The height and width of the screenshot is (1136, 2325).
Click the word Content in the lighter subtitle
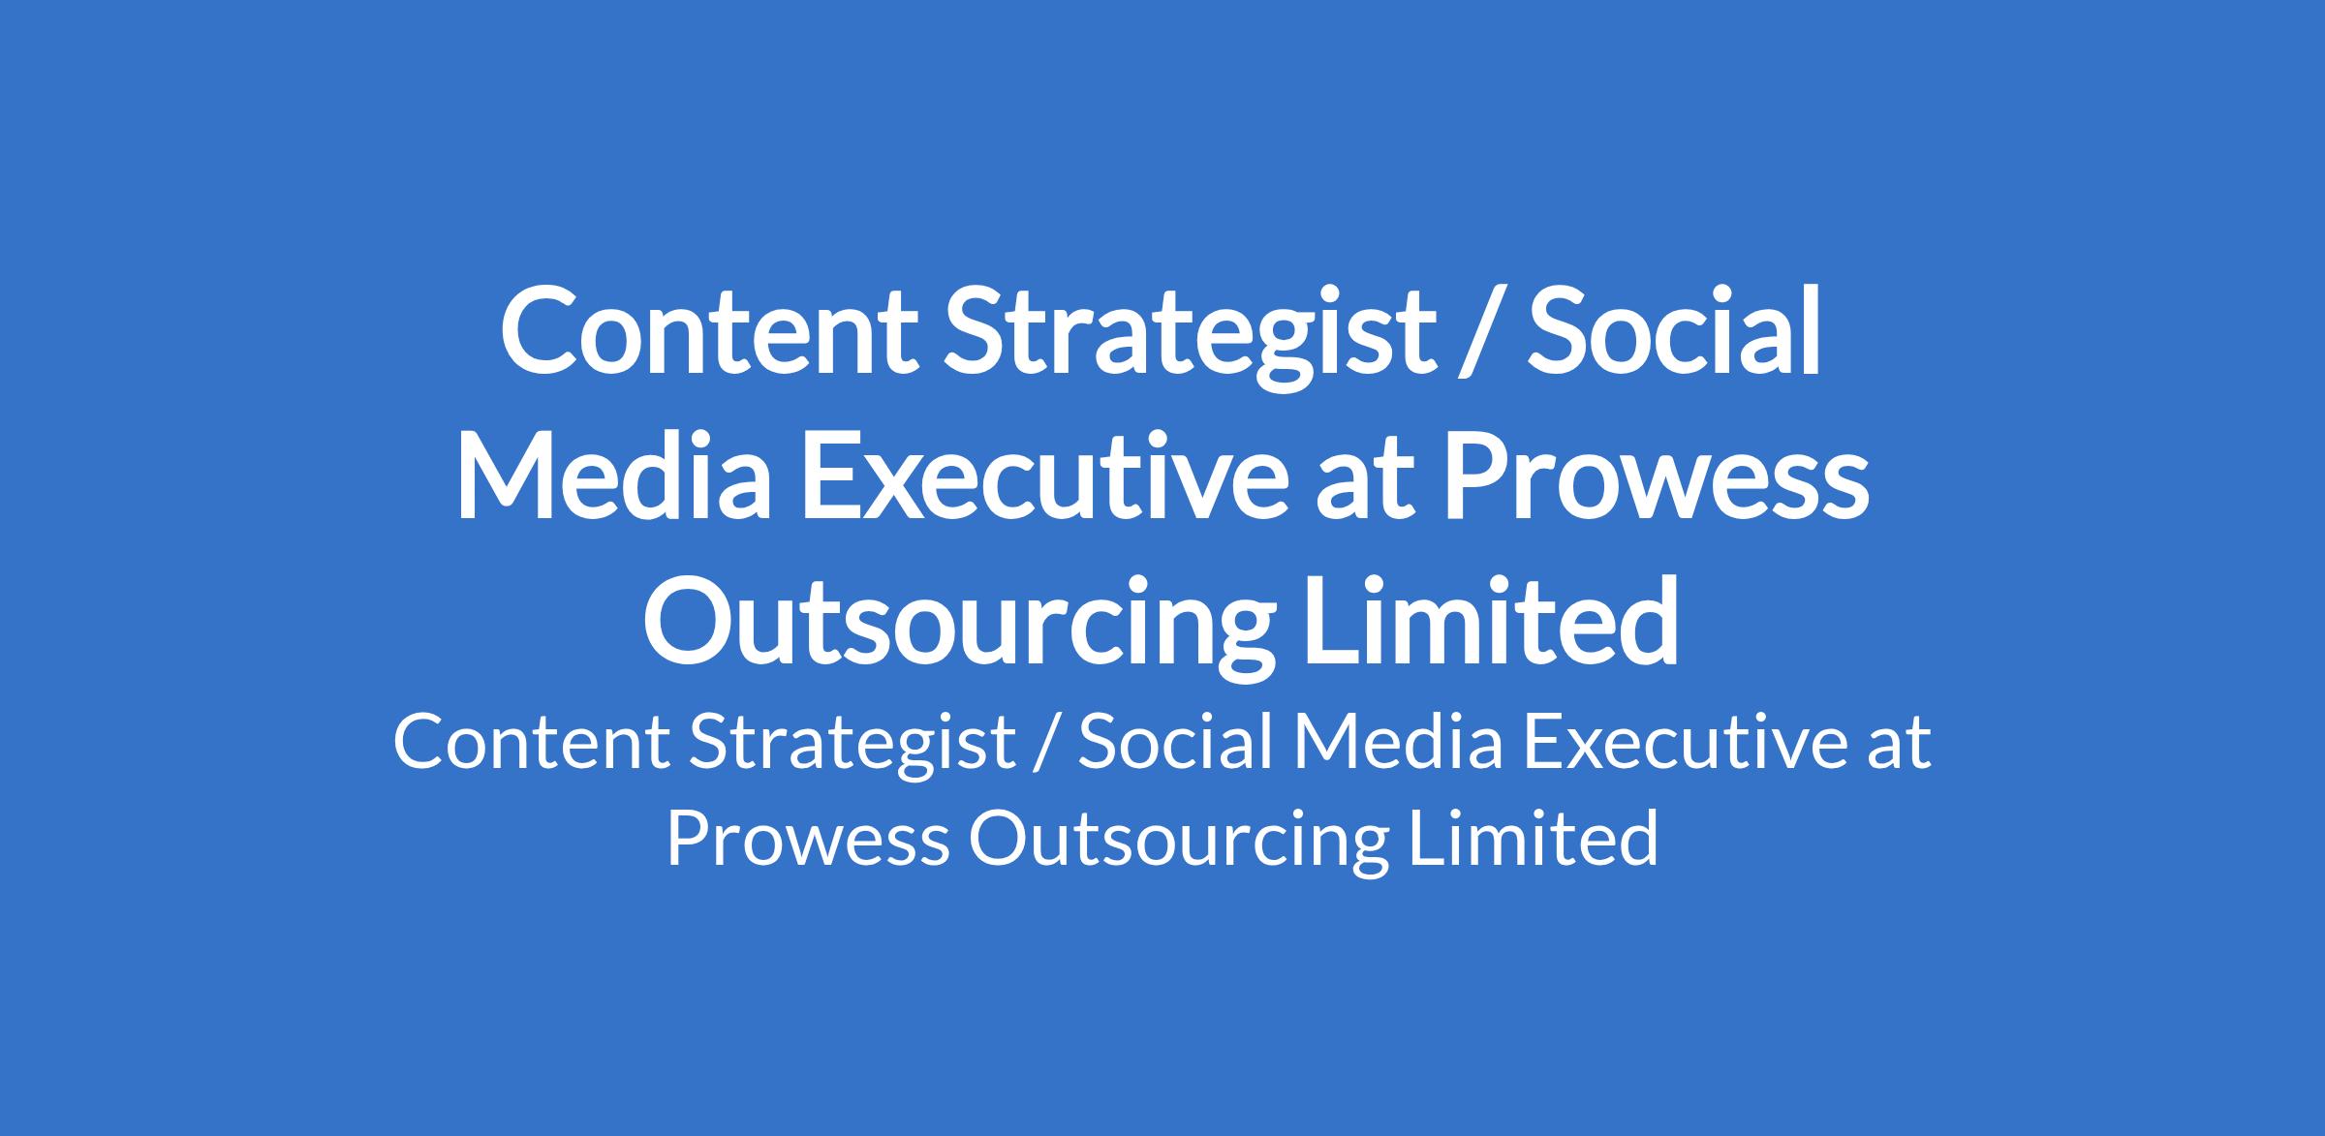pos(531,743)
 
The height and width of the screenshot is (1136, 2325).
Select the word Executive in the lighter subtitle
pos(1685,742)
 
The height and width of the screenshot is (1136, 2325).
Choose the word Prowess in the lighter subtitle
pos(808,839)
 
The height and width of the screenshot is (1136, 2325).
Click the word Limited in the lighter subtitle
pos(1534,837)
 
